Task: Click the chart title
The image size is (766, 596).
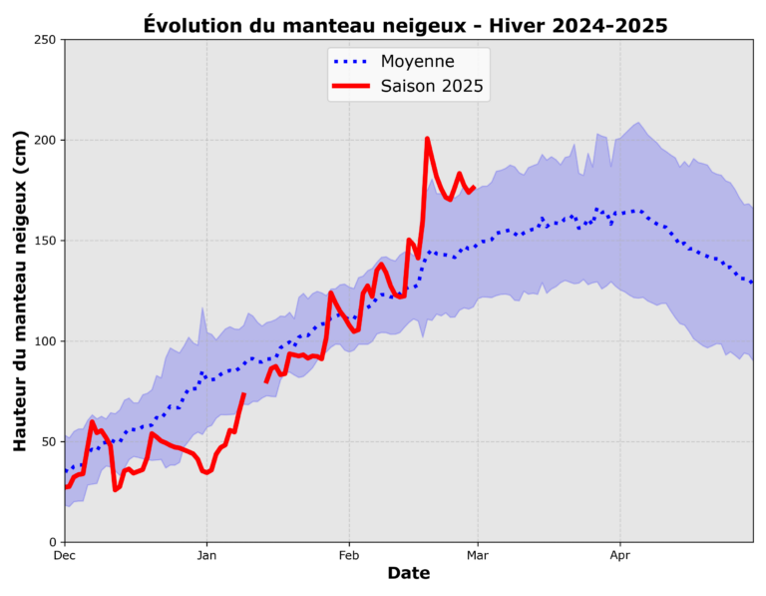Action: point(405,24)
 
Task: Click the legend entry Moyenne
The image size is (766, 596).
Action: point(417,61)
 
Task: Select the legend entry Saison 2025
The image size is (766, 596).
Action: point(432,87)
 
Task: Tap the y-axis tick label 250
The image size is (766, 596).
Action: point(45,40)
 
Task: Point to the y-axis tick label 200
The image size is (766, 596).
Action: point(45,141)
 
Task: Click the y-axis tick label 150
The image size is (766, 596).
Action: point(45,242)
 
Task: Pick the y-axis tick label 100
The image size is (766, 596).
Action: point(45,341)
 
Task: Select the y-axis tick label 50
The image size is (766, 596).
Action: point(48,442)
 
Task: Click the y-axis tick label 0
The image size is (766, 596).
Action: point(52,543)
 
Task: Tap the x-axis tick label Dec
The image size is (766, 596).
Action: point(64,554)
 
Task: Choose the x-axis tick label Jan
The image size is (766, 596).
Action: point(206,554)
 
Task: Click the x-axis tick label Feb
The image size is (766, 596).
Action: point(349,554)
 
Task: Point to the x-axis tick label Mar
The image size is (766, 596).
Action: point(478,554)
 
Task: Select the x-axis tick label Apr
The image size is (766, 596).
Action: point(620,554)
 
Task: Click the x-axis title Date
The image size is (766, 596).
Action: point(408,574)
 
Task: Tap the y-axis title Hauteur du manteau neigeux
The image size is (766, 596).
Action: point(20,292)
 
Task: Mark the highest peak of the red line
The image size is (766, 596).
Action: point(427,139)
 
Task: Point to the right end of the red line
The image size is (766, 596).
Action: point(473,187)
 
